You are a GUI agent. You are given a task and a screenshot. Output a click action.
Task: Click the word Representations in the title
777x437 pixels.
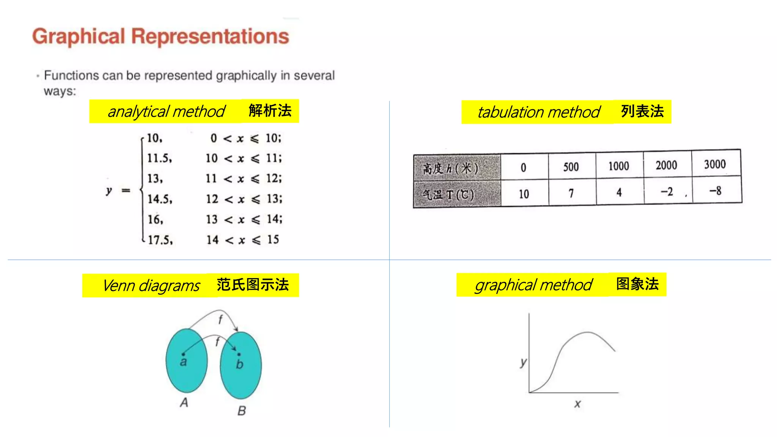point(210,37)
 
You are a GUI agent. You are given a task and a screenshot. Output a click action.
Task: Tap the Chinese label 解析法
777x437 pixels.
point(270,111)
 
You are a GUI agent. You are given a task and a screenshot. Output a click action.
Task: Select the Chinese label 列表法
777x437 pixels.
point(642,112)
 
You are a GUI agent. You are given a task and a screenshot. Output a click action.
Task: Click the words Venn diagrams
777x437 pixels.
point(151,286)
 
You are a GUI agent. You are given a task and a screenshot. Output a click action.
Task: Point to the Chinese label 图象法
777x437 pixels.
point(637,284)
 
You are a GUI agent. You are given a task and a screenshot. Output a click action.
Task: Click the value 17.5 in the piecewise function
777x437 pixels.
point(160,240)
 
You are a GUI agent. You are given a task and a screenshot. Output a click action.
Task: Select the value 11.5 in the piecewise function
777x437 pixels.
point(159,158)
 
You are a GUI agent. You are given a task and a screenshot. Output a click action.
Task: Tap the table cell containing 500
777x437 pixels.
point(571,167)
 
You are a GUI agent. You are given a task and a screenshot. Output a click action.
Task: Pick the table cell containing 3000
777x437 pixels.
point(715,164)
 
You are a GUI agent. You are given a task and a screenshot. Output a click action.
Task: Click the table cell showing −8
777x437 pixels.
point(715,191)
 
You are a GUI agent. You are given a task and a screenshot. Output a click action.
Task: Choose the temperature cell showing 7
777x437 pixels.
point(571,193)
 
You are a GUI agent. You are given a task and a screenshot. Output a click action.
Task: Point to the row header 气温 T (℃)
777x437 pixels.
point(448,195)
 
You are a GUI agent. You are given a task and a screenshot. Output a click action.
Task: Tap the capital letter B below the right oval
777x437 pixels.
point(242,410)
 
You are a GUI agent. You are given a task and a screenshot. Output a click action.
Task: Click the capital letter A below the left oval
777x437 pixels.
point(184,402)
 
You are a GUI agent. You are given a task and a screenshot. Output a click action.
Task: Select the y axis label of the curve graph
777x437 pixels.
point(523,362)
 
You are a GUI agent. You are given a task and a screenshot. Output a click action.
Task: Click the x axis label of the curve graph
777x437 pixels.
point(577,404)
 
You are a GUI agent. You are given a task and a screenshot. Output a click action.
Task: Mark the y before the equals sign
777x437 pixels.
point(109,190)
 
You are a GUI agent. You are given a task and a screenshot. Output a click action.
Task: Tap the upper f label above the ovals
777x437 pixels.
point(220,319)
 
